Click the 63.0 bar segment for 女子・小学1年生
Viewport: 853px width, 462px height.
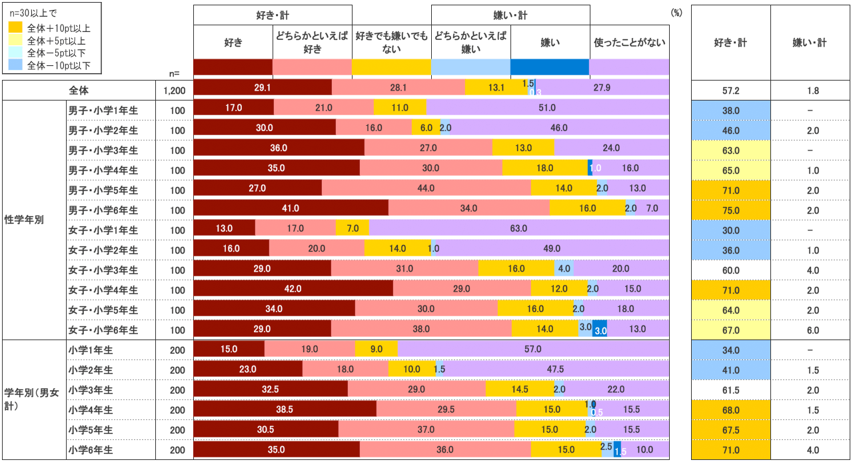point(518,229)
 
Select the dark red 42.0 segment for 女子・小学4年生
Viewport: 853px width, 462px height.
point(293,289)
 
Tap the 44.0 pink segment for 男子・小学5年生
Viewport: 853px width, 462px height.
point(426,189)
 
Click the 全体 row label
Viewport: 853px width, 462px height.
point(79,91)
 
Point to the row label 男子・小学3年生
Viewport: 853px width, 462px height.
point(103,150)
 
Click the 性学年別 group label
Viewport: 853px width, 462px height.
point(24,220)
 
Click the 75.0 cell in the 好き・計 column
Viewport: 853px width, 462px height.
point(730,210)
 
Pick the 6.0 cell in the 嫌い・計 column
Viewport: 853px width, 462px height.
point(809,330)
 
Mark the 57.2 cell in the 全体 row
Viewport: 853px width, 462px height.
point(730,91)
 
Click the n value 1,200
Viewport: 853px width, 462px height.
point(175,91)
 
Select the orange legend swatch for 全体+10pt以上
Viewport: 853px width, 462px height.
point(15,29)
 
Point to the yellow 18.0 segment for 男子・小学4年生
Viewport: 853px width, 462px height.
point(544,169)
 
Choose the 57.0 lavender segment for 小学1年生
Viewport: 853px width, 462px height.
point(532,349)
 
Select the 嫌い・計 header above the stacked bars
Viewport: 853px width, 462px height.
point(510,15)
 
